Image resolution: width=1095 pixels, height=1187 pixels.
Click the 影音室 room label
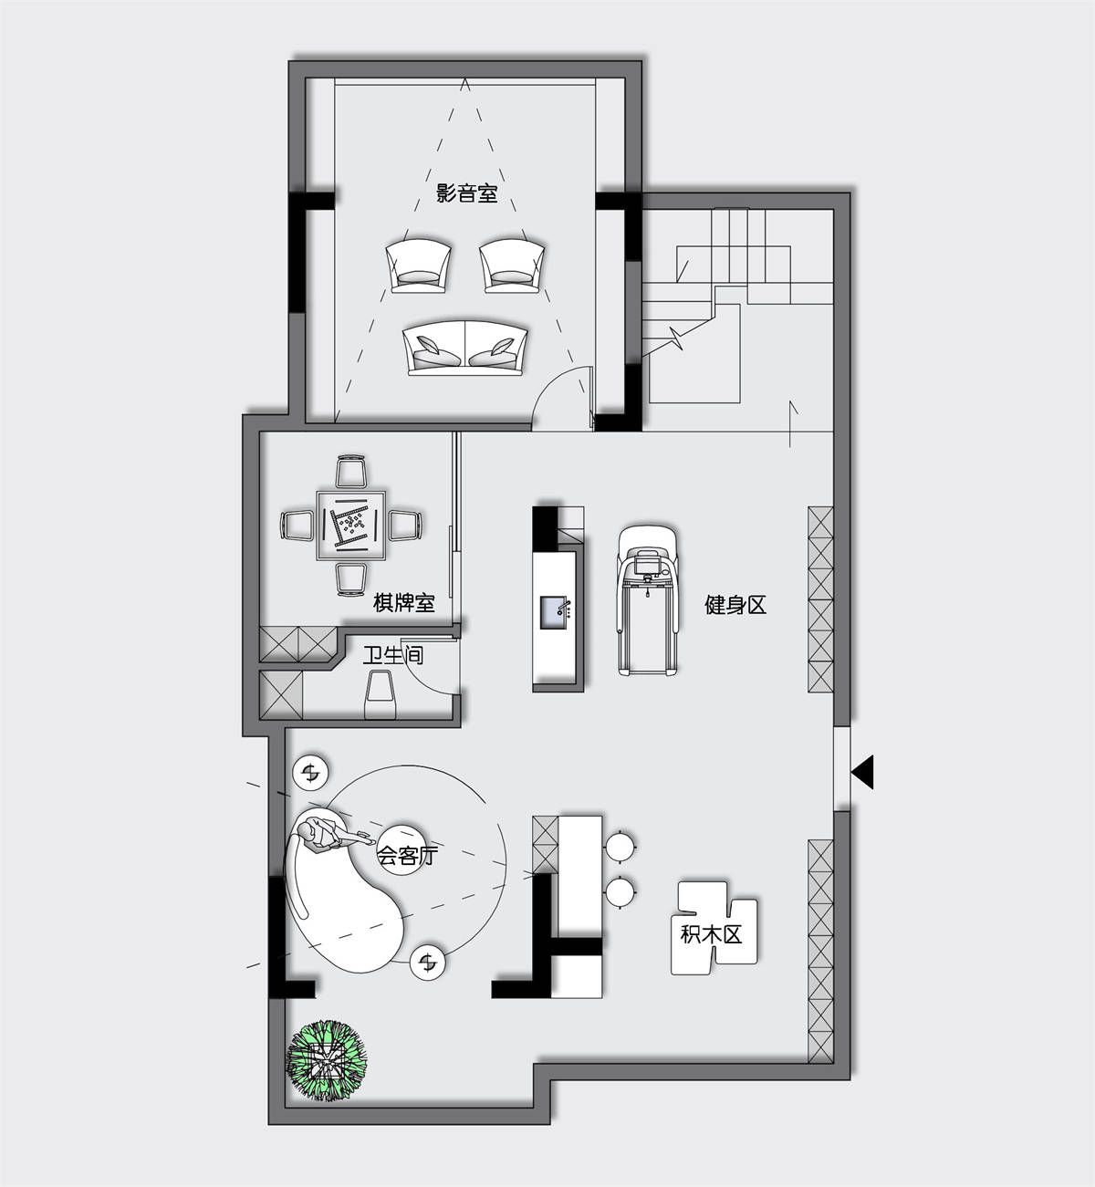pyautogui.click(x=466, y=193)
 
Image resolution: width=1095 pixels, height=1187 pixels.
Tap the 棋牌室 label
pyautogui.click(x=403, y=602)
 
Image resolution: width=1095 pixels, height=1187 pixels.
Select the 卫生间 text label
pyautogui.click(x=393, y=655)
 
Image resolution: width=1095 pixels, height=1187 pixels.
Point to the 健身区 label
pyautogui.click(x=735, y=605)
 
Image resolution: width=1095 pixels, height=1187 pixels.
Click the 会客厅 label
pyautogui.click(x=407, y=855)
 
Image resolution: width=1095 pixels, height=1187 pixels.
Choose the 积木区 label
pyautogui.click(x=711, y=933)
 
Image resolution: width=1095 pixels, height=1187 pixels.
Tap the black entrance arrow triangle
pyautogui.click(x=862, y=772)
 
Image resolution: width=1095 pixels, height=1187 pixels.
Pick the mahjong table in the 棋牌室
pyautogui.click(x=351, y=526)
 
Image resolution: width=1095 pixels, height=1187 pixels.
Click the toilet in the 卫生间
pyautogui.click(x=381, y=694)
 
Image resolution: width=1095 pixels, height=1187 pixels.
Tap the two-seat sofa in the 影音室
pyautogui.click(x=464, y=349)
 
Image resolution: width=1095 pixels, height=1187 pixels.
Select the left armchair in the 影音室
pyautogui.click(x=418, y=266)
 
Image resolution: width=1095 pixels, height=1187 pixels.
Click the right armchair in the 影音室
pyautogui.click(x=511, y=266)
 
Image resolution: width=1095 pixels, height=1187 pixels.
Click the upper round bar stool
pyautogui.click(x=620, y=847)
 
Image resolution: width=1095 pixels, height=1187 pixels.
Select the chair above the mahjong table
pyautogui.click(x=351, y=472)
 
